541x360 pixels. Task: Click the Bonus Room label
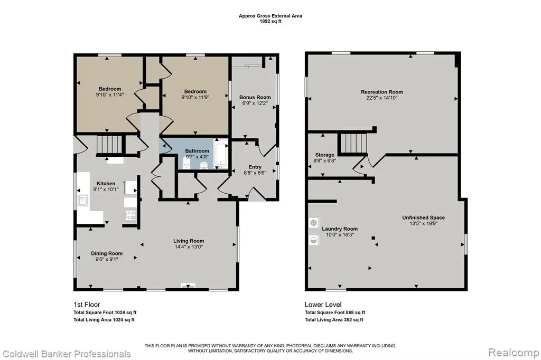tap(255, 97)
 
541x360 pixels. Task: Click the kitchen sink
tap(83, 200)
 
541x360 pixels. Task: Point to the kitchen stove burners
tap(130, 215)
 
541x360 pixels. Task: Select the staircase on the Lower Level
tap(353, 143)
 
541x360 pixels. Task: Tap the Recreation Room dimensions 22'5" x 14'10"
tap(382, 98)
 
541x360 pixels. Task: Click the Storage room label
tap(324, 155)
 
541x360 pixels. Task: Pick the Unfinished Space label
tap(423, 217)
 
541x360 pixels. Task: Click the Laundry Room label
tap(340, 229)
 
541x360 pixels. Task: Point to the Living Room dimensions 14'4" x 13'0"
tap(189, 247)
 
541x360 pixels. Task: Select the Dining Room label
tap(107, 253)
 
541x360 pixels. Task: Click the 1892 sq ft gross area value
tap(270, 21)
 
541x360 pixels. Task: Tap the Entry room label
tap(255, 167)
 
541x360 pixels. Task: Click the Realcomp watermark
tap(514, 353)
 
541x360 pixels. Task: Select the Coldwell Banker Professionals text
tap(67, 354)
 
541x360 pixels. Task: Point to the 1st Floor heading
tap(87, 305)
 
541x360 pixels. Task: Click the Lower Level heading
tap(323, 305)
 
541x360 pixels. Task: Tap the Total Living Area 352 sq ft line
tap(334, 320)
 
